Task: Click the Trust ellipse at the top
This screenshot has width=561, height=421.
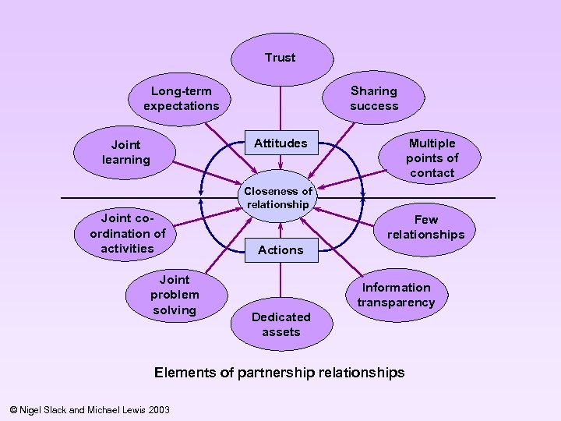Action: click(280, 58)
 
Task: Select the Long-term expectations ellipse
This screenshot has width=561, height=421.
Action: click(181, 98)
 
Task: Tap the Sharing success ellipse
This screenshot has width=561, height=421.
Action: click(374, 98)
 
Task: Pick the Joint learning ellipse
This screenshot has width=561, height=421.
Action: click(125, 152)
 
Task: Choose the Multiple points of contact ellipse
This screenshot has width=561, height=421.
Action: click(432, 157)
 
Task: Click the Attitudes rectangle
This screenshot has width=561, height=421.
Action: click(280, 143)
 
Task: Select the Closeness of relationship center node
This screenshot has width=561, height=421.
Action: click(278, 197)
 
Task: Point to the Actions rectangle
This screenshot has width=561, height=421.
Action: click(280, 249)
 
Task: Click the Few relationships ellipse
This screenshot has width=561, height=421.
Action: click(425, 227)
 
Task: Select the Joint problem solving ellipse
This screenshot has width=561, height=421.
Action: click(175, 295)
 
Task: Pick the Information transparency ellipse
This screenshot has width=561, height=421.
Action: click(396, 295)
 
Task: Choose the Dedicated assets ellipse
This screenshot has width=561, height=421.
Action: click(280, 324)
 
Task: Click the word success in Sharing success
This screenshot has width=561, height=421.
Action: click(374, 106)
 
